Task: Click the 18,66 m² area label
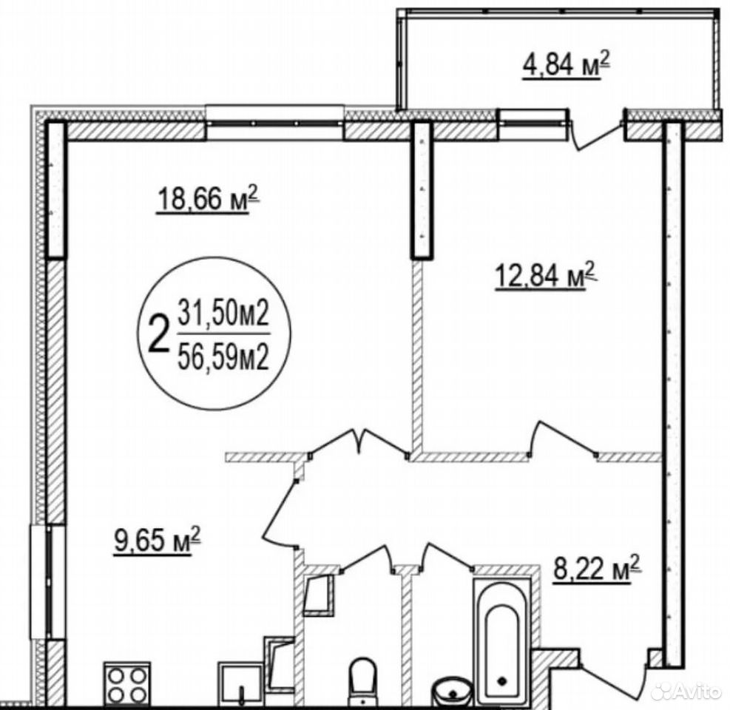(x=207, y=199)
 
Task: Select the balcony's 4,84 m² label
(x=566, y=65)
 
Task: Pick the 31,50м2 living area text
(x=224, y=314)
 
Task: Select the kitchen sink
(x=240, y=683)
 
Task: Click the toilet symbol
(x=362, y=680)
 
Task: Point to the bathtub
(x=501, y=640)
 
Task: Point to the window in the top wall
(x=275, y=124)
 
